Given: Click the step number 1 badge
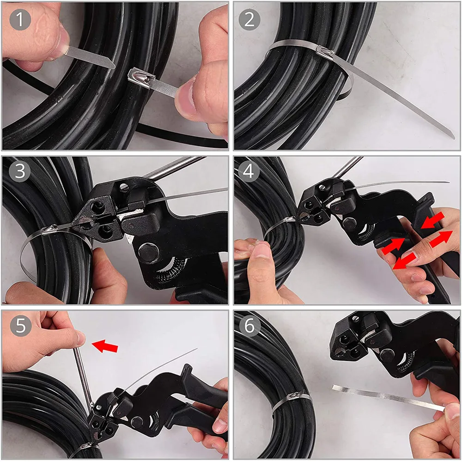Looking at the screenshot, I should coord(20,20).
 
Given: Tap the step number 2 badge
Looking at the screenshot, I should coord(250,20).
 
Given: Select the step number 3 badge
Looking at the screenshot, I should coord(20,172).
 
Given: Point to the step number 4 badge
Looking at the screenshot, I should coord(250,172).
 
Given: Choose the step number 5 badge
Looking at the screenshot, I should coord(20,326).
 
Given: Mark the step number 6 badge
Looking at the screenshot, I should coord(250,326).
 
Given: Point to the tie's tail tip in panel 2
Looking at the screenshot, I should coord(450,135).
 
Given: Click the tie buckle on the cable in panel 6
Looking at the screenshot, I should coord(296,397).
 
